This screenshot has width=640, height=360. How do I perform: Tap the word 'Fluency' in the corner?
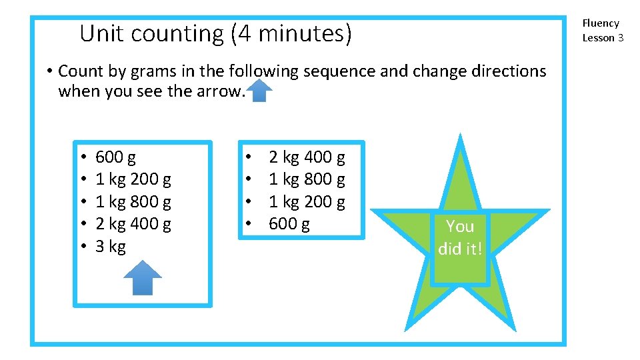(x=601, y=23)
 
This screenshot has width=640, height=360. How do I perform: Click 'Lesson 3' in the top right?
(x=603, y=38)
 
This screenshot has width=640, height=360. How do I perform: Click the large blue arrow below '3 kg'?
(x=143, y=277)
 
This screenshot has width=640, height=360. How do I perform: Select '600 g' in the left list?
(x=115, y=157)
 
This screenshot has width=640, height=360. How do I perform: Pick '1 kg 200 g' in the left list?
(x=133, y=179)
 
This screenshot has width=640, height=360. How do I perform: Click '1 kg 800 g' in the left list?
(x=133, y=201)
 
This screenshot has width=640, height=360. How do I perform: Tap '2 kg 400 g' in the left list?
(x=133, y=224)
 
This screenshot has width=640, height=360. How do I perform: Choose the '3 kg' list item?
(x=111, y=247)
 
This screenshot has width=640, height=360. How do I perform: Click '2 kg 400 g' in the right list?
(x=307, y=157)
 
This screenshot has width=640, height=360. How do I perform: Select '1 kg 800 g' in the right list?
(x=307, y=179)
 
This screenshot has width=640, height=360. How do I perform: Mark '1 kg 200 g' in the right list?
(x=307, y=201)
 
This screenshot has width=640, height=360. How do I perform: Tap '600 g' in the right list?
(x=289, y=224)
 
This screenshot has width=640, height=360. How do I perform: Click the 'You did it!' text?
(x=460, y=237)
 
